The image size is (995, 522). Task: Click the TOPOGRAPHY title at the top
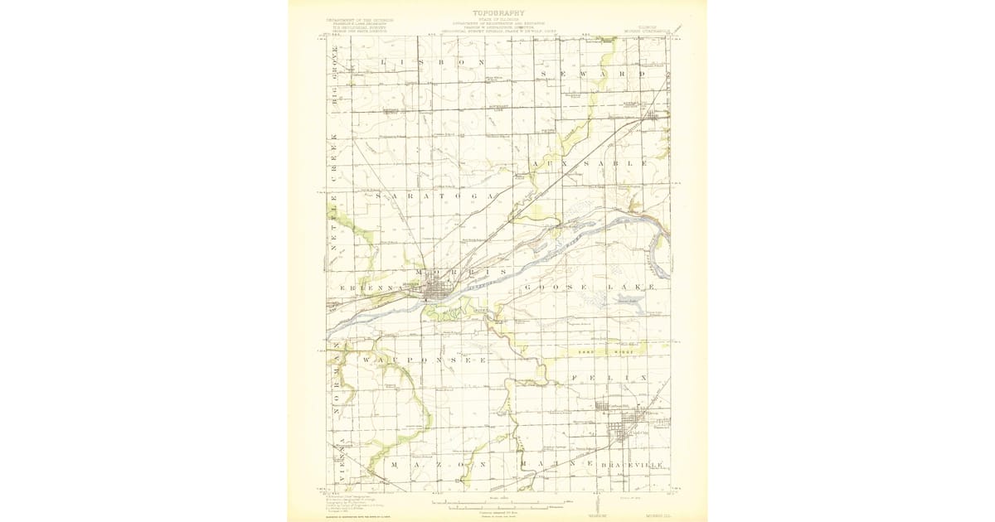pyautogui.click(x=498, y=12)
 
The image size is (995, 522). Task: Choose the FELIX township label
pyautogui.click(x=608, y=378)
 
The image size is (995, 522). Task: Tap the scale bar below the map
pyautogui.click(x=498, y=503)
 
